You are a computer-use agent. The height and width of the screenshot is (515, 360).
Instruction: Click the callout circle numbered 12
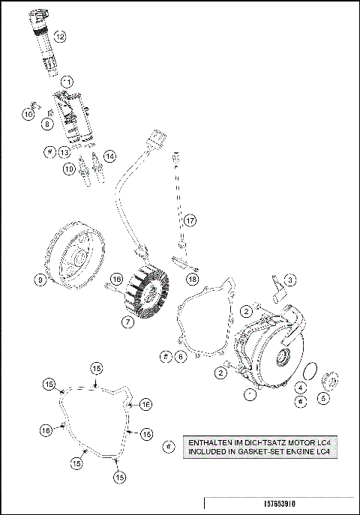59,35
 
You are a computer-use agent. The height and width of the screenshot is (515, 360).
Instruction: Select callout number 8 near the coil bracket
46,124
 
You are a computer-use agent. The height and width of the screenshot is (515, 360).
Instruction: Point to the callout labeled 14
109,156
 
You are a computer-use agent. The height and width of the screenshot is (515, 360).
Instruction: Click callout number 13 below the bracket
65,152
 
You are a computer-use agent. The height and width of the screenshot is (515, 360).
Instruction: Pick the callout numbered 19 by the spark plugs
69,169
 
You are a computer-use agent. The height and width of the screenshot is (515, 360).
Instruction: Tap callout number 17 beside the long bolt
190,220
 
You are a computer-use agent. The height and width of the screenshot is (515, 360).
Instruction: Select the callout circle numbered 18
193,278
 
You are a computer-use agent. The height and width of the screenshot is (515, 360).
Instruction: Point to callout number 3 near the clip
289,280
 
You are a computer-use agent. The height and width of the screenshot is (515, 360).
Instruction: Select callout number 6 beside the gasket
181,357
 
